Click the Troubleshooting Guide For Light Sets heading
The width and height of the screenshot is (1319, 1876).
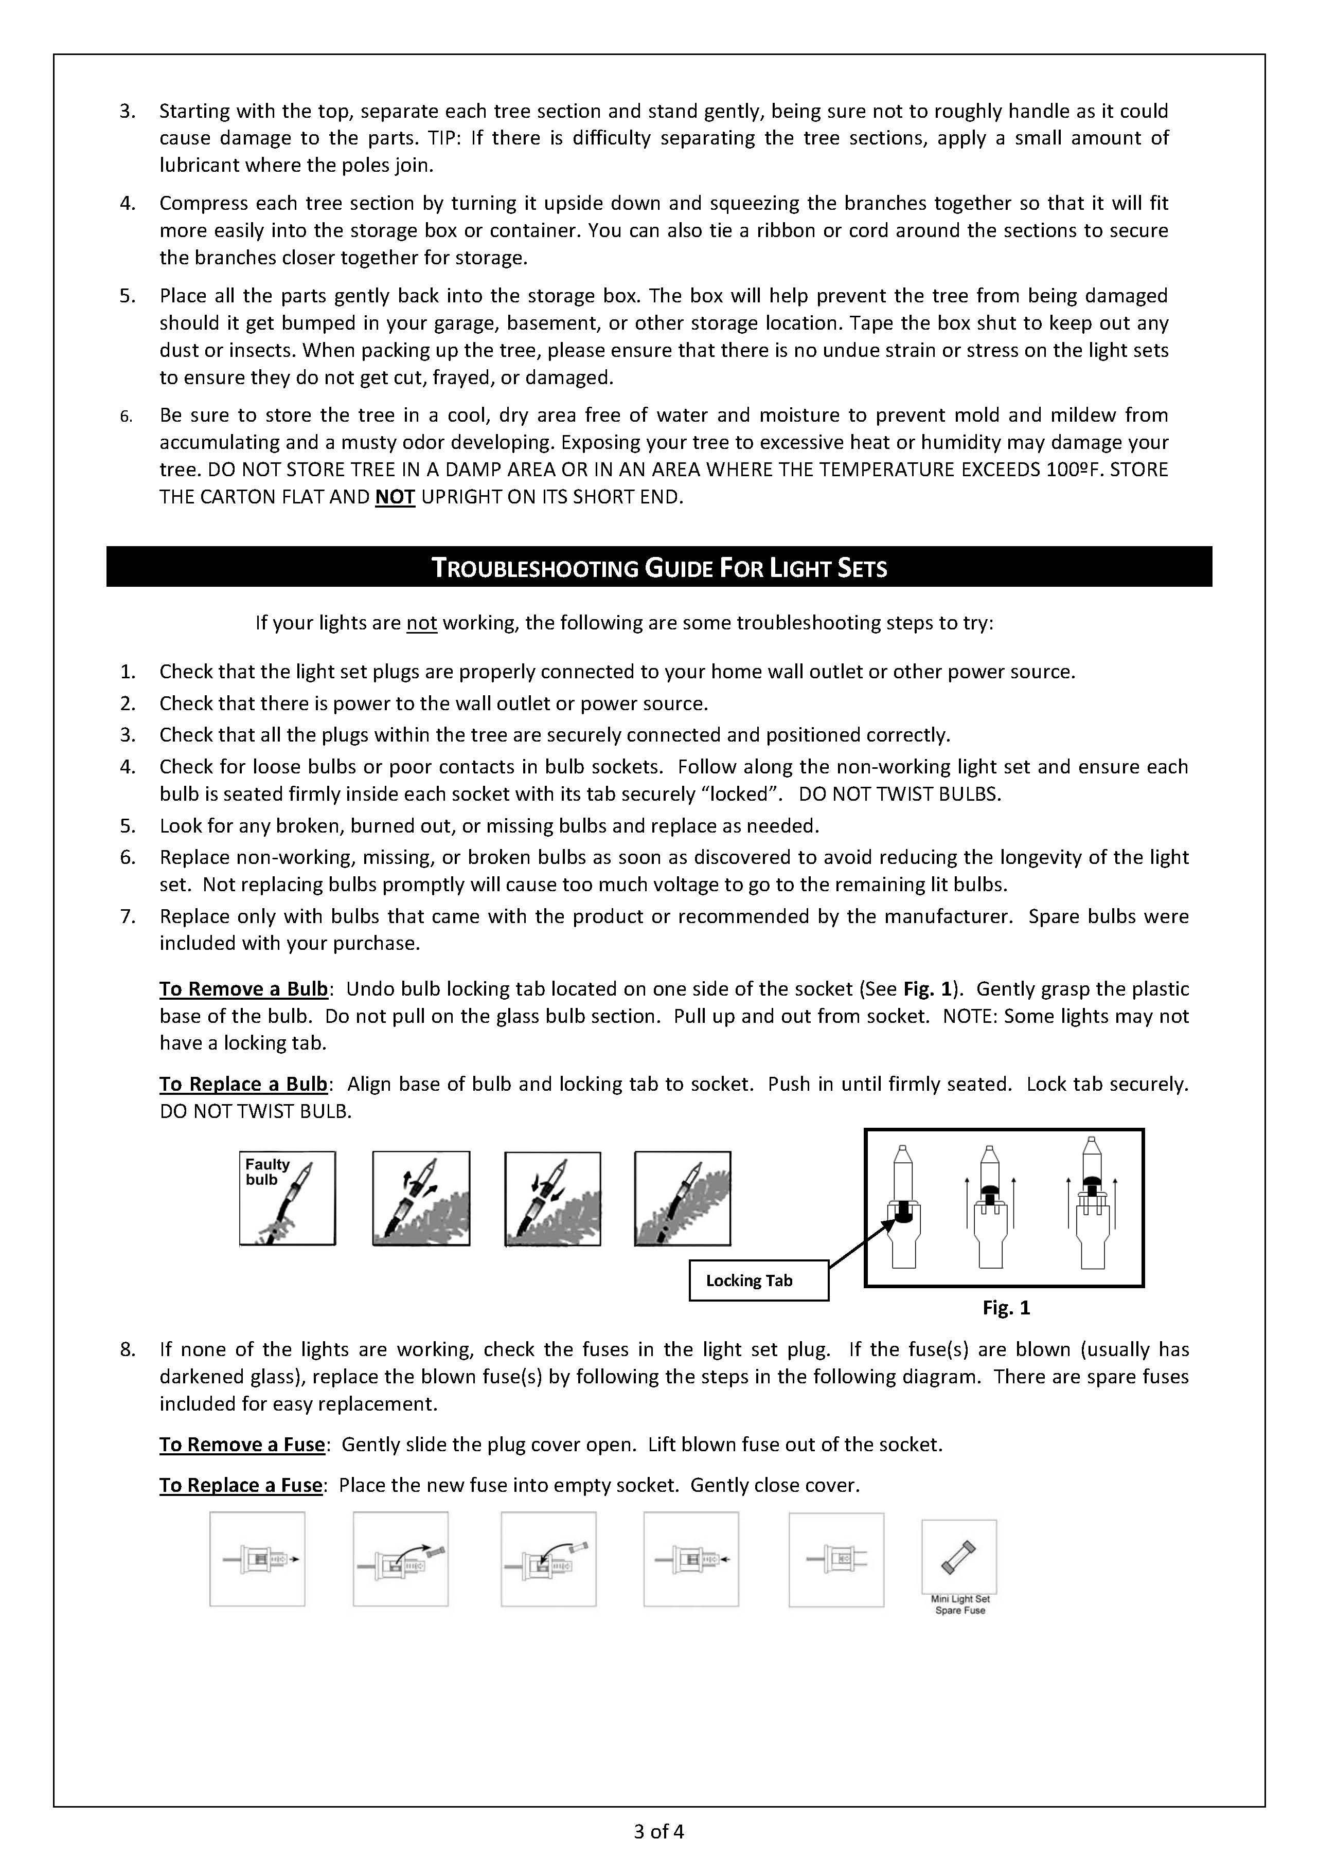[658, 568]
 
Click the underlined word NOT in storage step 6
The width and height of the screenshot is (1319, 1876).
[395, 497]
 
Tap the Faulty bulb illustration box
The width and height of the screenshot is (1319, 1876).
[287, 1198]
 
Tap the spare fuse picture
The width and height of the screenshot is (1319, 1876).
[958, 1557]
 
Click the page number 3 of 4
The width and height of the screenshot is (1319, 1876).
[658, 1832]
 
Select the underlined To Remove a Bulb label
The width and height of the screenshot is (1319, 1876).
[243, 989]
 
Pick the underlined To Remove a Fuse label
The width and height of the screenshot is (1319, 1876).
[242, 1445]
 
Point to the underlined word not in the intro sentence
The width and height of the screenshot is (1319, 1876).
[422, 623]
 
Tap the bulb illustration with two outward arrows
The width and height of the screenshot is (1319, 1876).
[421, 1198]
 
